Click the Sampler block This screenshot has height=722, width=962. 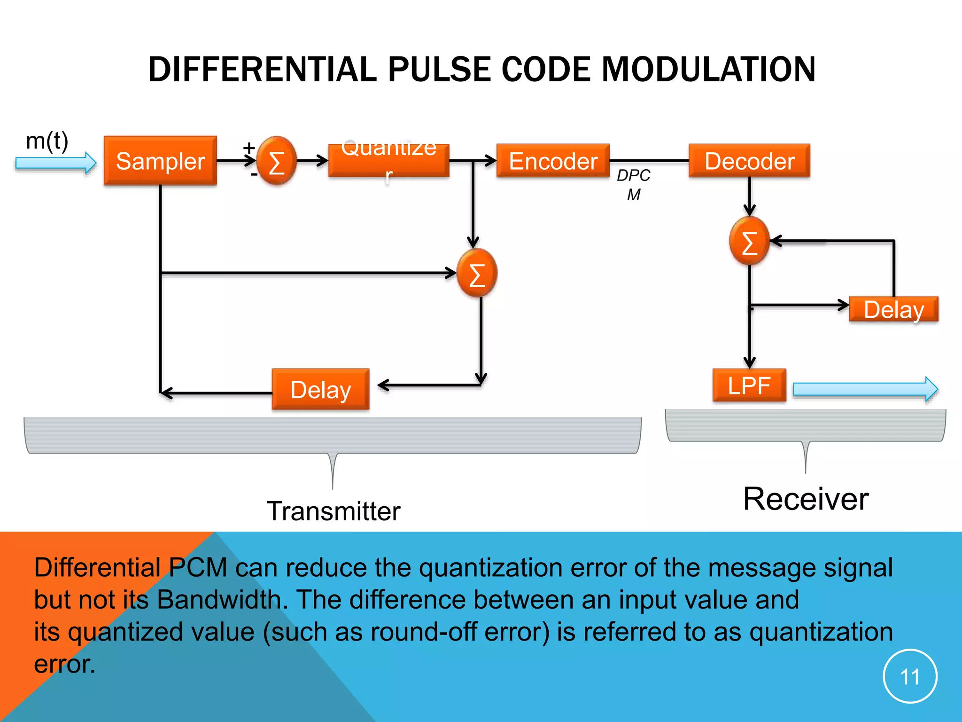(160, 161)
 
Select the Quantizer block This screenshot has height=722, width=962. (388, 161)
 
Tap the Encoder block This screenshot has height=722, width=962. (553, 161)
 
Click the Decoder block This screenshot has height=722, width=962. (749, 161)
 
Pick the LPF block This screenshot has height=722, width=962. (749, 385)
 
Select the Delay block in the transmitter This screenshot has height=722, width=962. (320, 390)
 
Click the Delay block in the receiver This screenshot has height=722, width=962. (893, 309)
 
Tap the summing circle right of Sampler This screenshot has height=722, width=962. (277, 161)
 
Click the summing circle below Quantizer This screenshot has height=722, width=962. (477, 273)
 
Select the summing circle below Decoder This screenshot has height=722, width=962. (749, 241)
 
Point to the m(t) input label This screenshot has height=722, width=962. (47, 141)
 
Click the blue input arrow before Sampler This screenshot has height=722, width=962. (55, 163)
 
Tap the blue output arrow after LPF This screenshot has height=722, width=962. (864, 389)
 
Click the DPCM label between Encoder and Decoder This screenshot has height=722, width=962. (633, 184)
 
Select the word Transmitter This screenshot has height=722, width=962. (334, 511)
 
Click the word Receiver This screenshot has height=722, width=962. (806, 499)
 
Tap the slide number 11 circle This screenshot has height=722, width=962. (910, 676)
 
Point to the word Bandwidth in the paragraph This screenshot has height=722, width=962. (219, 600)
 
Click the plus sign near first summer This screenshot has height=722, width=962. (249, 148)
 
